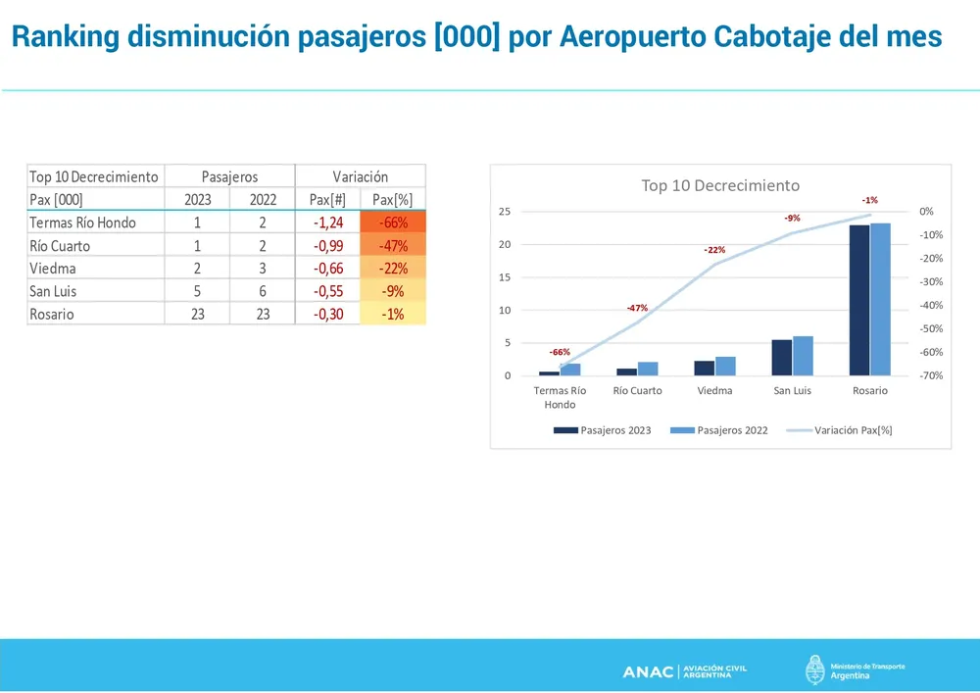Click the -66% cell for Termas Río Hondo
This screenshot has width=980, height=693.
point(393,223)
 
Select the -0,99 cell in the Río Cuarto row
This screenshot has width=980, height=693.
point(328,246)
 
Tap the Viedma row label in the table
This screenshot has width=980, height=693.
point(53,269)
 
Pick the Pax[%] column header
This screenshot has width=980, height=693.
point(393,200)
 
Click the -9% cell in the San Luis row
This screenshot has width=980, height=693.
point(393,291)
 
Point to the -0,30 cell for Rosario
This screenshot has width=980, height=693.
point(328,315)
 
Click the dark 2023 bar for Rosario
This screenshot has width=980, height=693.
point(859,300)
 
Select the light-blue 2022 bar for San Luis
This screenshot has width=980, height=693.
point(803,356)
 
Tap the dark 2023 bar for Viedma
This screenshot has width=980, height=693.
point(705,368)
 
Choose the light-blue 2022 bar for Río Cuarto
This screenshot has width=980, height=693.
point(648,369)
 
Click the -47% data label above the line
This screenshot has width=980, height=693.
point(638,309)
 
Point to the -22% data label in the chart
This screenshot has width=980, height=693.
point(714,251)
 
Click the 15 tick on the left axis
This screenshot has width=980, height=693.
point(506,277)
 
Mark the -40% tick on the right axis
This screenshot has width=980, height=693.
point(932,305)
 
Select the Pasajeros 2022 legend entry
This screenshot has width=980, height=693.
point(719,430)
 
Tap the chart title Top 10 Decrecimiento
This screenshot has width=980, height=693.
point(720,185)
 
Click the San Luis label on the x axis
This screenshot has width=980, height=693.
point(793,390)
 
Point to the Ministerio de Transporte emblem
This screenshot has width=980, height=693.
point(814,670)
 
